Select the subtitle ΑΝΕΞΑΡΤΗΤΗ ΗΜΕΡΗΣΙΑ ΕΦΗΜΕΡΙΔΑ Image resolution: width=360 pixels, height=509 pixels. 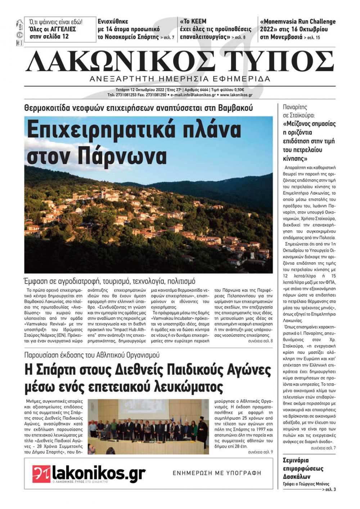pos(180,79)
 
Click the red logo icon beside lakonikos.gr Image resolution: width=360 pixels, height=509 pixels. pos(41,474)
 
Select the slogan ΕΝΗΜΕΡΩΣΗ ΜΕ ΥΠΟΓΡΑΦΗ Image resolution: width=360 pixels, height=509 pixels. pos(217,473)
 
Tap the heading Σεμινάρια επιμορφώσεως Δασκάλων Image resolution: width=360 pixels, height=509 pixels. pos(303,468)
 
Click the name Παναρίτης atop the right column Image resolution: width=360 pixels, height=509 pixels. pos(295,107)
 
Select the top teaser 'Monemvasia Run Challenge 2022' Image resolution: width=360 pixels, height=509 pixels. pos(297,29)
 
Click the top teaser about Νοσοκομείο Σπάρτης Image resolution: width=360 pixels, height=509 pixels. pos(136,29)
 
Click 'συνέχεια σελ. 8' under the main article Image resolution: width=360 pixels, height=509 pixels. pos(260,341)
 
